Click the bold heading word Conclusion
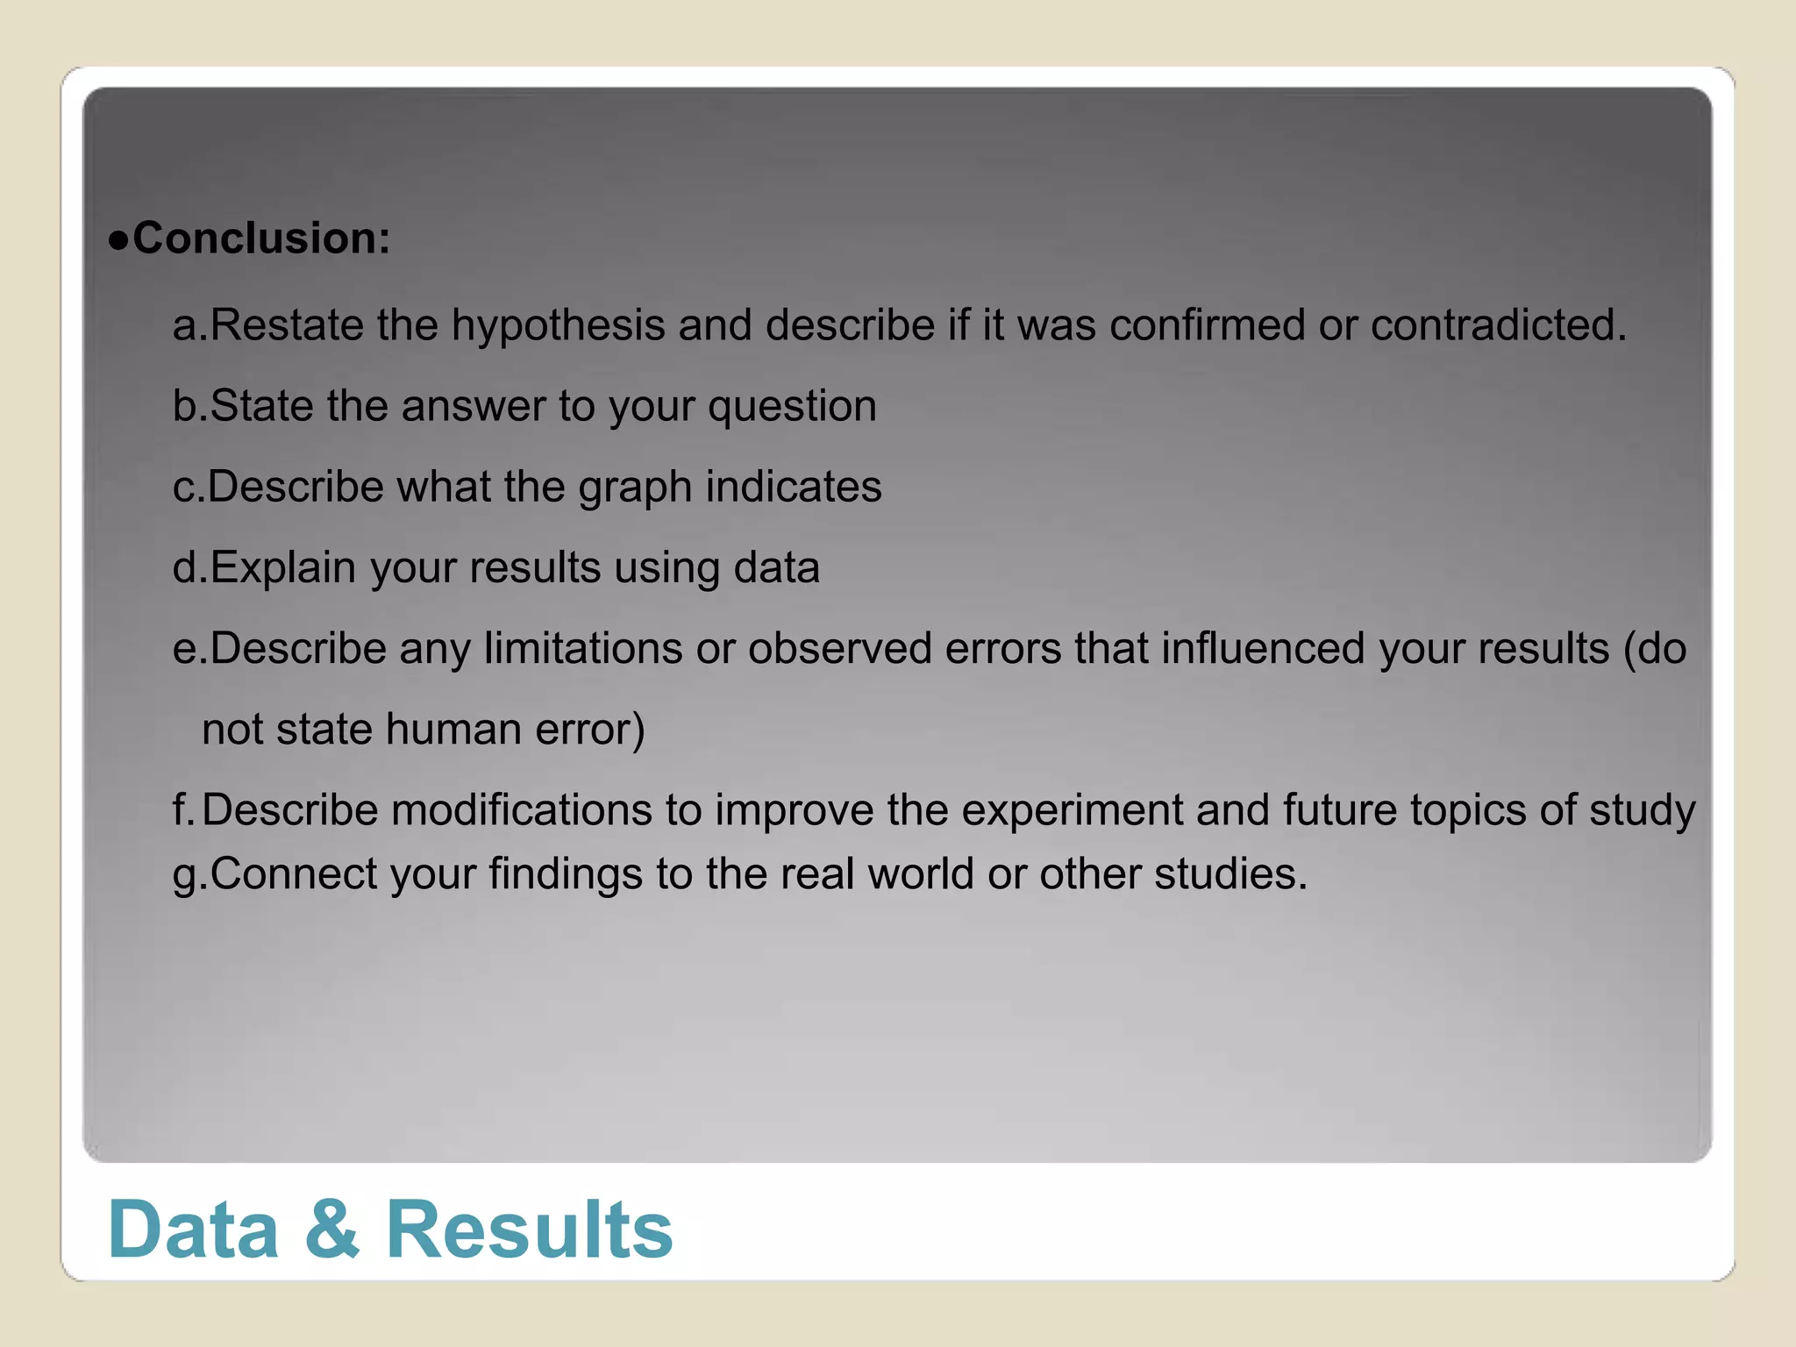[260, 239]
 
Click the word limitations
[583, 649]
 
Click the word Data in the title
[193, 1229]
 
